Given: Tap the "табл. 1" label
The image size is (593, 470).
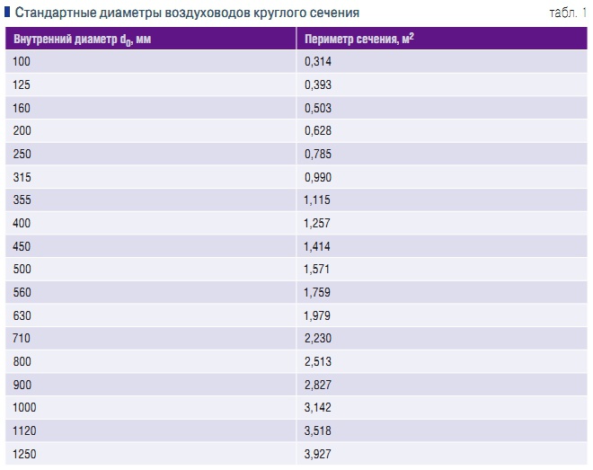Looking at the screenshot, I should [x=567, y=13].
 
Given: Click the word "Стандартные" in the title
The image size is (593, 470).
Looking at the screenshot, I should [x=52, y=13].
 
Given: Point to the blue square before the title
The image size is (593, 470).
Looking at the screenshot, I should [x=7, y=13].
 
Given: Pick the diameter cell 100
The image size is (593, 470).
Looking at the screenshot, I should [x=22, y=61].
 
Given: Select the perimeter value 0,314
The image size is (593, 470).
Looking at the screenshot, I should [x=318, y=61].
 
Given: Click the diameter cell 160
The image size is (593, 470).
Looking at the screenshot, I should [x=22, y=108].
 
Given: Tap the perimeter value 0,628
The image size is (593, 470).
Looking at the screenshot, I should [x=318, y=131].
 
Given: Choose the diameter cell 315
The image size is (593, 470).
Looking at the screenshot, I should [x=22, y=178].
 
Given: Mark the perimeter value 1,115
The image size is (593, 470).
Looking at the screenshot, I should [x=318, y=201].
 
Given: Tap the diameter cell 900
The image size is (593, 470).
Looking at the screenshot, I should [x=22, y=384].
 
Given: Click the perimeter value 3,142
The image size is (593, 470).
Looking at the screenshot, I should [x=318, y=407].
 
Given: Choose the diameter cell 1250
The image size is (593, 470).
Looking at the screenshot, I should [x=25, y=454].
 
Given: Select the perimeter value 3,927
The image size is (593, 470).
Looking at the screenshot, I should [x=318, y=454].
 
